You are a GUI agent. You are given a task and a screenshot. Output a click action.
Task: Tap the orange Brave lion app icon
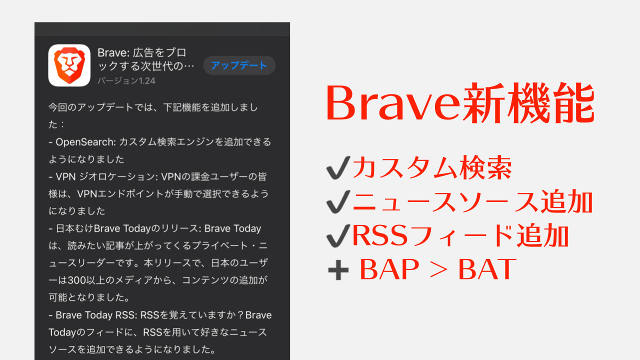click(69, 65)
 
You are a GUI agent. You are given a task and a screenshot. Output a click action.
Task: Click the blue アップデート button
click(239, 65)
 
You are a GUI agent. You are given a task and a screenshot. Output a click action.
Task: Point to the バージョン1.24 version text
click(126, 81)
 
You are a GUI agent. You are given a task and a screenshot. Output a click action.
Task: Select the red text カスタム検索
click(432, 169)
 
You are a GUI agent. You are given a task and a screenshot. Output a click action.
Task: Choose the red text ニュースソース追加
click(472, 203)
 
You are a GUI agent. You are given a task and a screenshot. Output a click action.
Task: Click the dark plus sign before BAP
click(337, 270)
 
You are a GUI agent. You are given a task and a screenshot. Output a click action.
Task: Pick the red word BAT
click(487, 270)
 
